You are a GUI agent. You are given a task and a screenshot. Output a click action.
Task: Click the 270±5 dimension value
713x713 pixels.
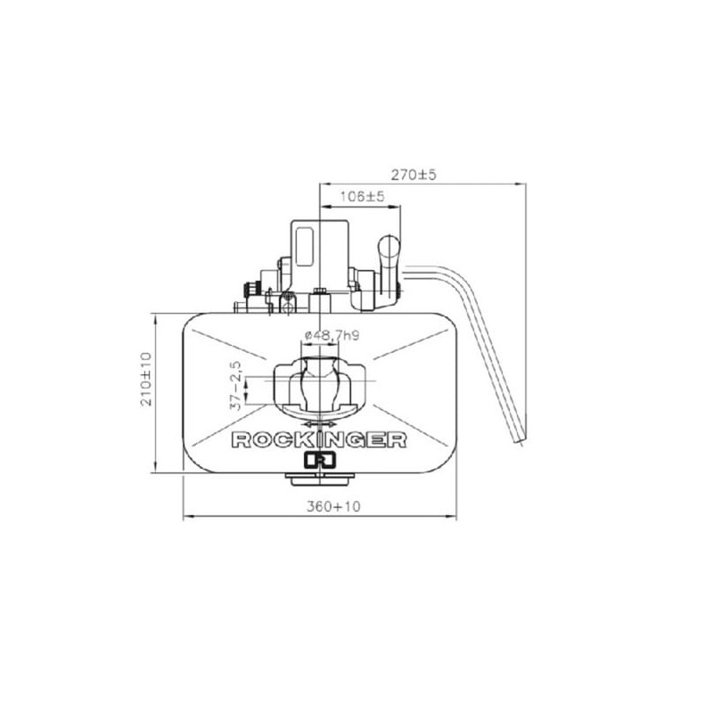[414, 175]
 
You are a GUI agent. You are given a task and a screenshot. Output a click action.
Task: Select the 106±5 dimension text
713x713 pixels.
[363, 196]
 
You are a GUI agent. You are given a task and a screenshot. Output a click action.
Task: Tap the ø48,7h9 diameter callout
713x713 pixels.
[332, 336]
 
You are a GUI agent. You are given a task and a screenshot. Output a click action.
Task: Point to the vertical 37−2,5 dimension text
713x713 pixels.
[235, 386]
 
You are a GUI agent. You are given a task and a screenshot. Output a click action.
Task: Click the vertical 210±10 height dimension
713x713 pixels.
[146, 379]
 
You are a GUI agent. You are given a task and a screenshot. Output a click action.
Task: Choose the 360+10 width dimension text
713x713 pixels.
[333, 506]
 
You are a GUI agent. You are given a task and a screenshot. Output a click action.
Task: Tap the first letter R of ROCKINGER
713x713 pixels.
[241, 440]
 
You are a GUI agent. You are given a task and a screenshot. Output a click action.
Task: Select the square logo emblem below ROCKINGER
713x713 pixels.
[320, 460]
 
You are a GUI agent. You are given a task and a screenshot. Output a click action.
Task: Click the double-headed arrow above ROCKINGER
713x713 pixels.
[320, 424]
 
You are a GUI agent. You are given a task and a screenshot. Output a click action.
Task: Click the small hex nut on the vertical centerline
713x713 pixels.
[320, 291]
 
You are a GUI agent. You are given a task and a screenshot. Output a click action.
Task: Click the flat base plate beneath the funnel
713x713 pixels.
[320, 479]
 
